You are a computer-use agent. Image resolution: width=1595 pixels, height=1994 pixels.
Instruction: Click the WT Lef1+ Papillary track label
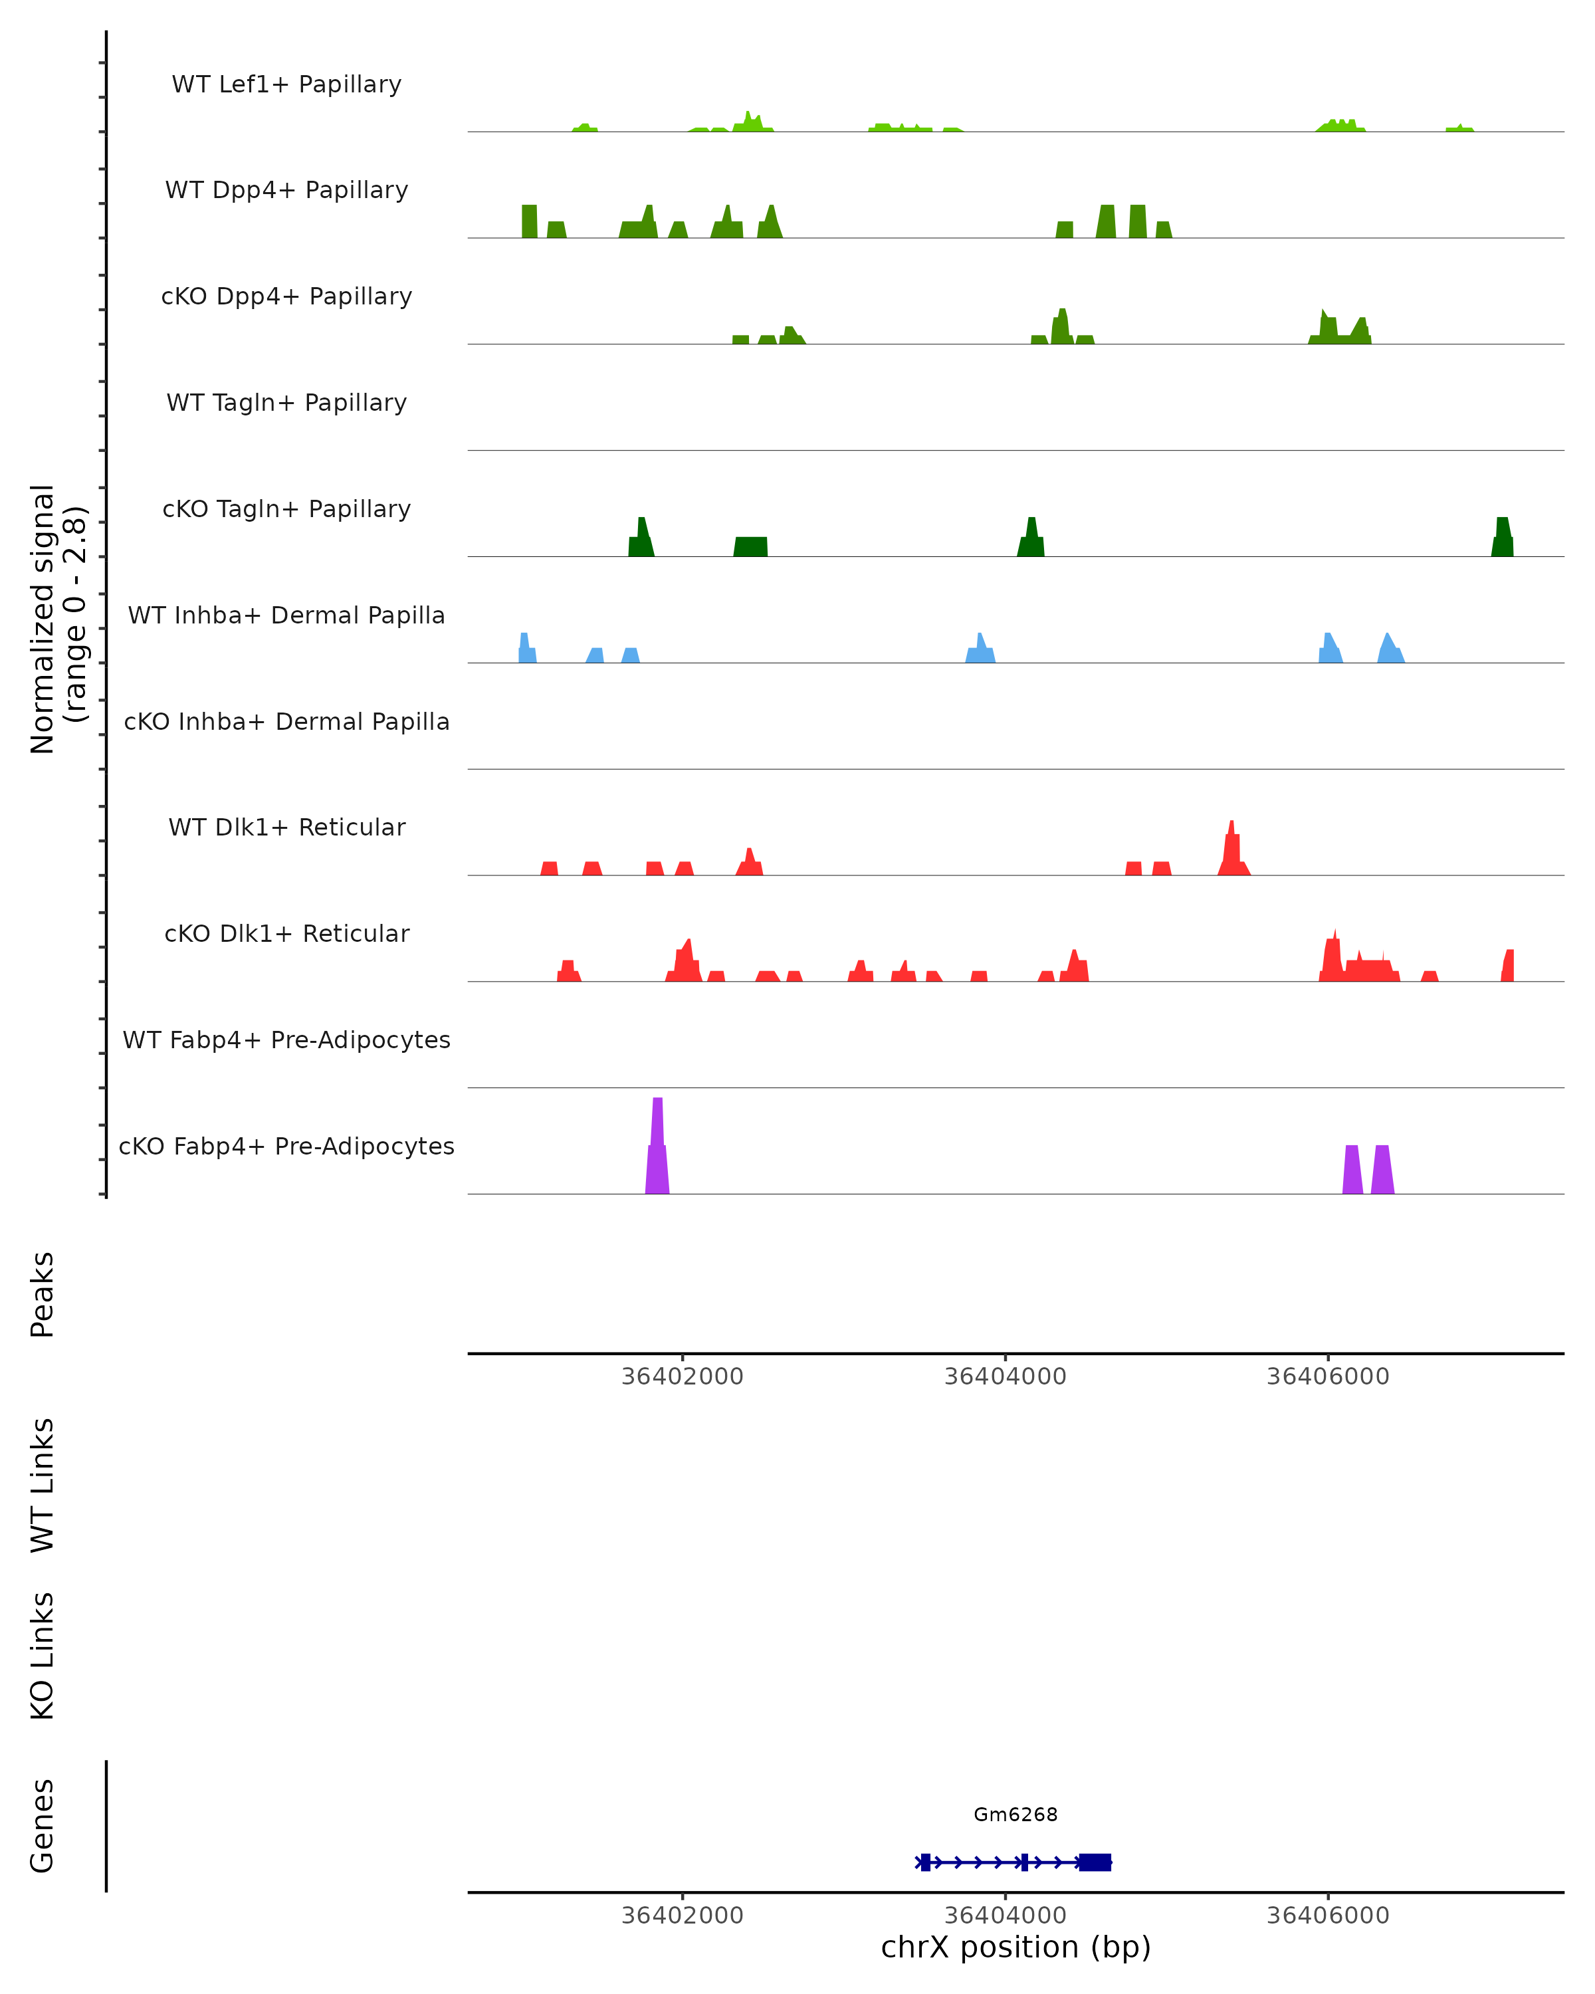(286, 84)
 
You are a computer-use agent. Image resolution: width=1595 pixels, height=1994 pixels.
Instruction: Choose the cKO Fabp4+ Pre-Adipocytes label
(286, 1146)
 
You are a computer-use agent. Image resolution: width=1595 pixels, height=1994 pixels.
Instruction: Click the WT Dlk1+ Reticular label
(286, 827)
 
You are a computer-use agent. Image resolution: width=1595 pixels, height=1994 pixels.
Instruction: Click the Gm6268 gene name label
(1015, 1815)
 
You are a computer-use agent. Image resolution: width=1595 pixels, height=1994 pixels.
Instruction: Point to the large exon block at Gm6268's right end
(1095, 1862)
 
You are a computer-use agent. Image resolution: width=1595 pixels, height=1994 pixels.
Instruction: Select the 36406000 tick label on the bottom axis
(1328, 1916)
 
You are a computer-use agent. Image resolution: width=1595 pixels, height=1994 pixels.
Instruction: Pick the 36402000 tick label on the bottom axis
(683, 1916)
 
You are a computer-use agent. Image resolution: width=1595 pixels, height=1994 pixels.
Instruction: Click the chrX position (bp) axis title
(1015, 1947)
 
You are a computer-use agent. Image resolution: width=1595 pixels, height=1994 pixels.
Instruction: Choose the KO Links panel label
(43, 1656)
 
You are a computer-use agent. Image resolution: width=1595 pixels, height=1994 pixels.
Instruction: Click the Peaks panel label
(43, 1294)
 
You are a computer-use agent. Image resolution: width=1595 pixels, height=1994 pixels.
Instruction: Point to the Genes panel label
(43, 1826)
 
